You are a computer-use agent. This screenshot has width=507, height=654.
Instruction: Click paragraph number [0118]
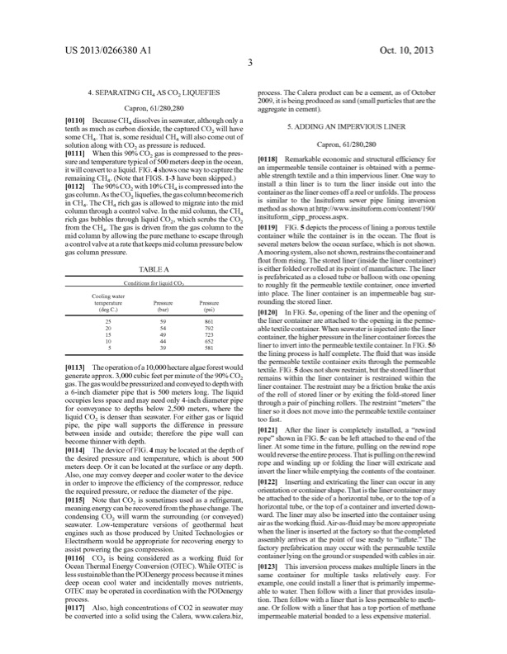pyautogui.click(x=271, y=157)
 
